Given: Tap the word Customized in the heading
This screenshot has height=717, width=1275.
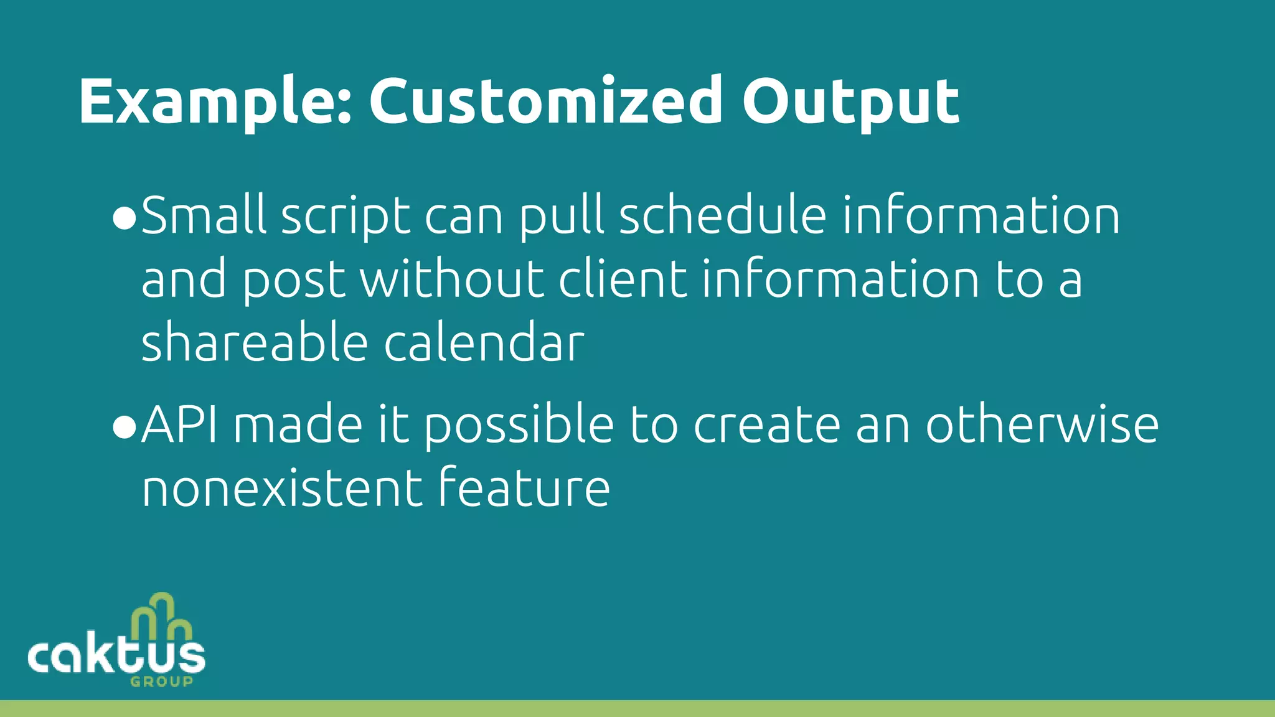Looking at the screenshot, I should click(x=545, y=101).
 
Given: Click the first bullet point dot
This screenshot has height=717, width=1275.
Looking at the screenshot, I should click(x=125, y=219).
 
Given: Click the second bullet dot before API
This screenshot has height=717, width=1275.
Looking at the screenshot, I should click(x=125, y=428).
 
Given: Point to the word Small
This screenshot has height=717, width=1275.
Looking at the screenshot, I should click(x=204, y=215).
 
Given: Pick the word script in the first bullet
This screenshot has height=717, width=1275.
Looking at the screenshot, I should click(x=346, y=218).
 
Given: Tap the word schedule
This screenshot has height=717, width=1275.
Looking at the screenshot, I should click(x=722, y=215).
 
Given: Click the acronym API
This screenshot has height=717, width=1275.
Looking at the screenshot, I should click(x=179, y=425).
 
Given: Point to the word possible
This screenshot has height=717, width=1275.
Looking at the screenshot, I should click(x=519, y=427).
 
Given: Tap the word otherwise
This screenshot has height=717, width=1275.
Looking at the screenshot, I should click(x=1042, y=425).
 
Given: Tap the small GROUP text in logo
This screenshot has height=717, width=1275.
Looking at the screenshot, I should click(x=162, y=682).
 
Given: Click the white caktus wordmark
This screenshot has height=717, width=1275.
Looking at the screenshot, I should click(x=116, y=657).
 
